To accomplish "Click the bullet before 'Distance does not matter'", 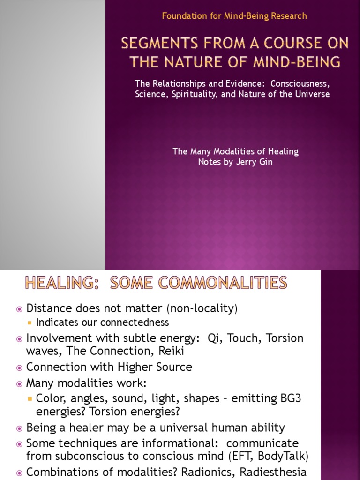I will pos(19,309).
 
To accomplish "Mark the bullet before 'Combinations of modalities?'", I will pos(19,472).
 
